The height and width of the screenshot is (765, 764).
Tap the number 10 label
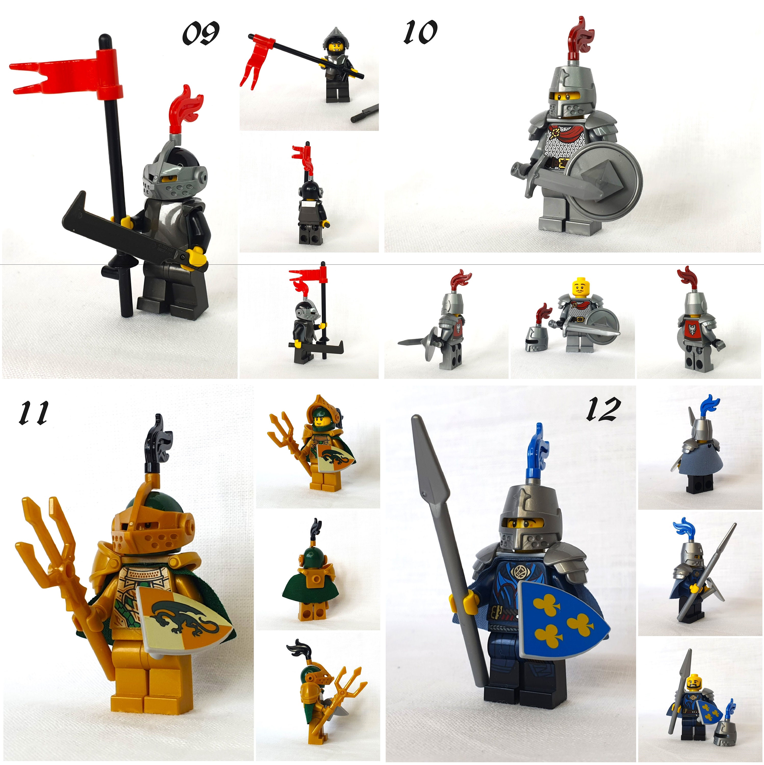click(420, 32)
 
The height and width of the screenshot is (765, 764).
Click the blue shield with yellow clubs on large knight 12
click(562, 622)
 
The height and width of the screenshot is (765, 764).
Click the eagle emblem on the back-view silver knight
click(692, 329)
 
